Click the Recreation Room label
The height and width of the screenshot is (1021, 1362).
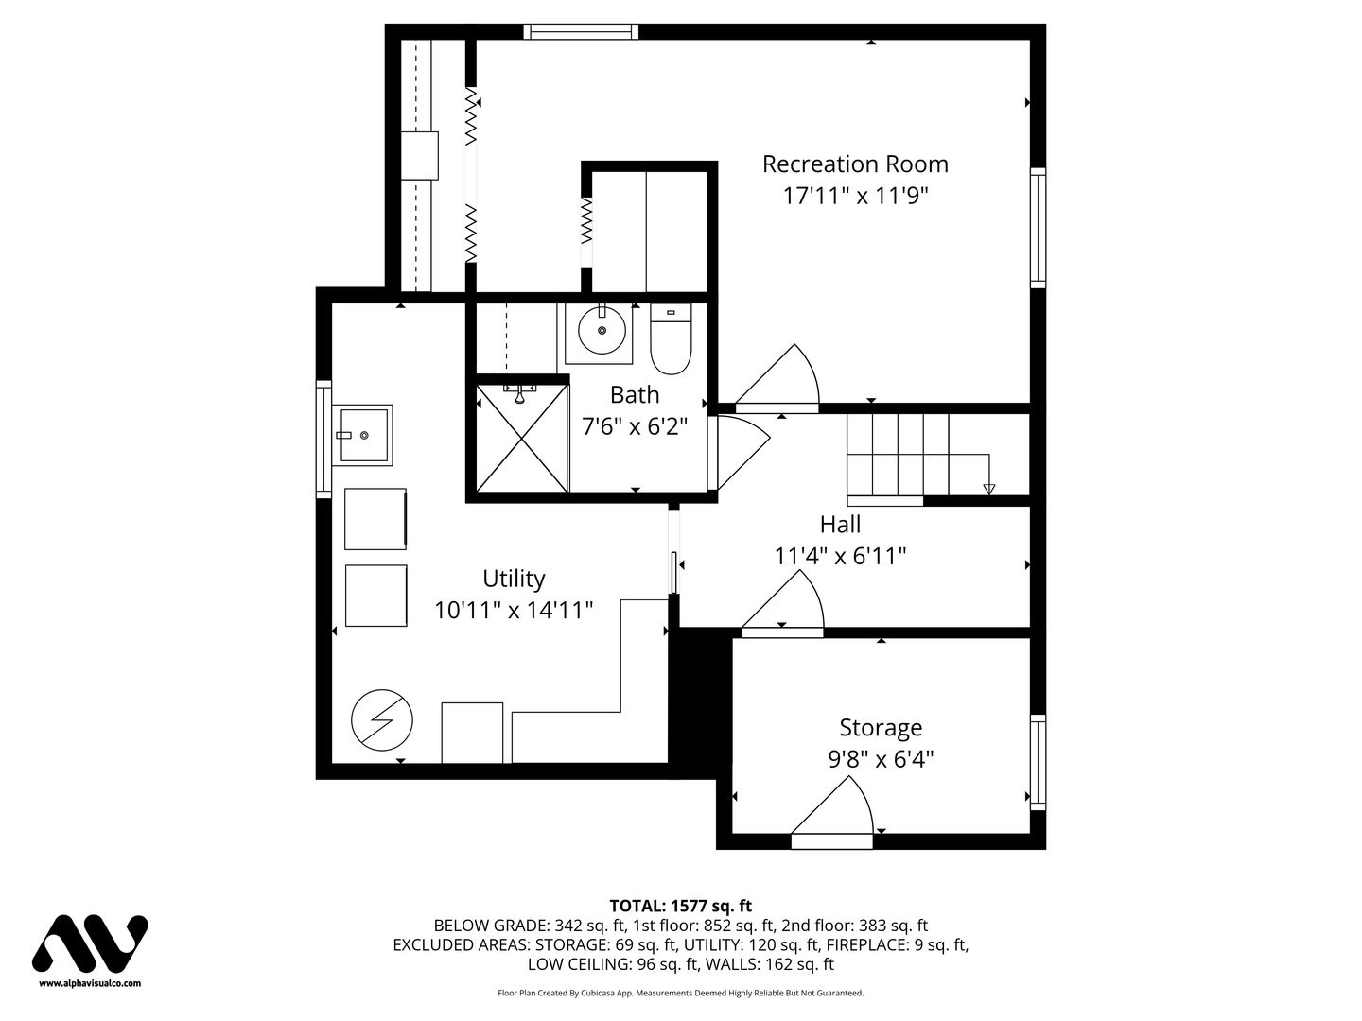(x=855, y=164)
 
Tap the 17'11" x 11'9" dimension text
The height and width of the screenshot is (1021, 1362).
(x=855, y=196)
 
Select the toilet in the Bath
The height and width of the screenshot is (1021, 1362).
(x=671, y=339)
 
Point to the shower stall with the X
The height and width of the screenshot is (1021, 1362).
(x=522, y=438)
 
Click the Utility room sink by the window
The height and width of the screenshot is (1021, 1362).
(x=362, y=435)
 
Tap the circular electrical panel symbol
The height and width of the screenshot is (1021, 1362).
(x=381, y=719)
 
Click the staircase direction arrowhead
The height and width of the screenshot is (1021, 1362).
(x=988, y=489)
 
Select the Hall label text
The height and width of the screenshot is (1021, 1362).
(x=840, y=525)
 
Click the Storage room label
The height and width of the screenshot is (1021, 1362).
(x=881, y=728)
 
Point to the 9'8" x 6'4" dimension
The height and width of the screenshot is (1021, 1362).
(x=881, y=759)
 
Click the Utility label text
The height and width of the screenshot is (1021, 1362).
(x=514, y=579)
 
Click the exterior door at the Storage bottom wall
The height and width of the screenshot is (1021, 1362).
(x=832, y=841)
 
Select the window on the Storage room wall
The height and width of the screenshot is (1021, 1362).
(x=1038, y=762)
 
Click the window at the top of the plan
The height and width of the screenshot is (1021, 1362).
(x=581, y=31)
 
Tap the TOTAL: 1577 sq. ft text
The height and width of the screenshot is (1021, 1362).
(x=681, y=906)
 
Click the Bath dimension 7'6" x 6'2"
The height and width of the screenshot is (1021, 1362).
(x=635, y=426)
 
